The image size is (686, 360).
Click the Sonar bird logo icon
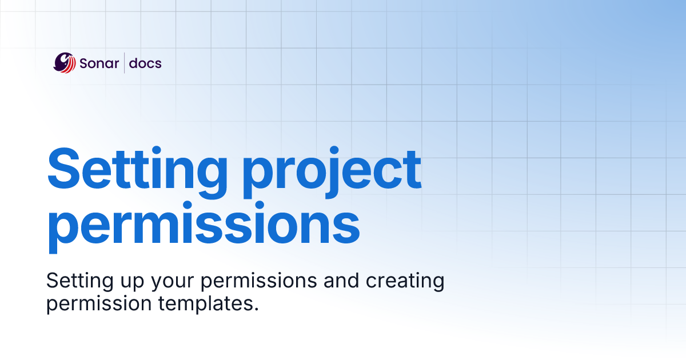[65, 63]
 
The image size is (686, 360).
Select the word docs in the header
[145, 63]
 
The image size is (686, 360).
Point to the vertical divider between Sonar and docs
[124, 63]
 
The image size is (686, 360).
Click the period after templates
[256, 309]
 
